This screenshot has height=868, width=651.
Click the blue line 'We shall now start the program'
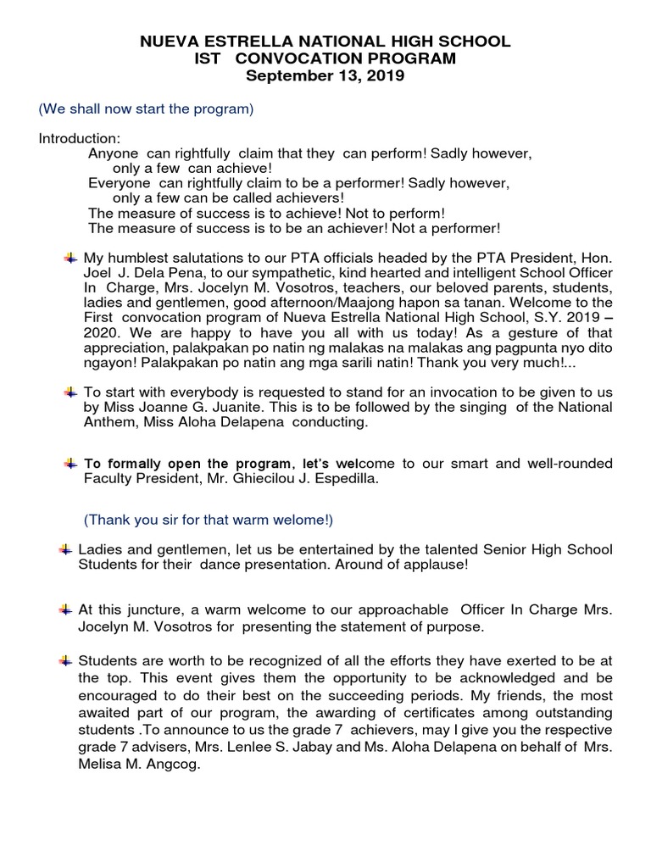point(147,110)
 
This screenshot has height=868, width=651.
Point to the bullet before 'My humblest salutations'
point(71,257)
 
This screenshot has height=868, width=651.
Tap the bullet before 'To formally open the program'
point(71,464)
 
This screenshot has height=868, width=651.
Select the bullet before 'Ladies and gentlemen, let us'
point(66,550)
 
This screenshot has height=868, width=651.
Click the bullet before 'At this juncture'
point(66,609)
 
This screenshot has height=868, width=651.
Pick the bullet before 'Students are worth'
point(66,660)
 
